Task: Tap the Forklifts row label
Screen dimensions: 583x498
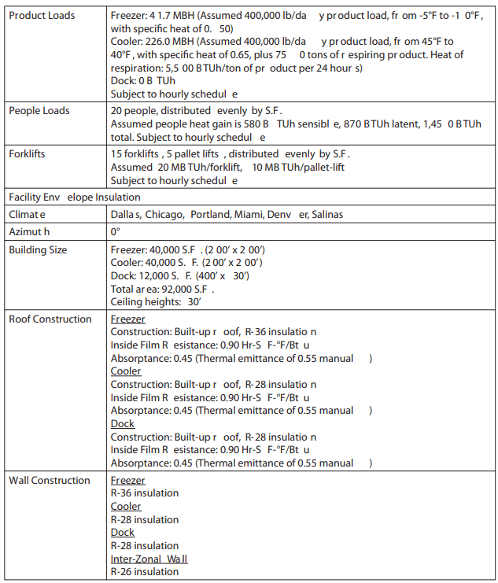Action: (x=27, y=153)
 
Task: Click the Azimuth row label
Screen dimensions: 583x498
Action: (x=29, y=232)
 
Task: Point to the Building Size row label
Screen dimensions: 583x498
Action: (x=38, y=250)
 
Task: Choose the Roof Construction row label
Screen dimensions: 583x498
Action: (x=50, y=319)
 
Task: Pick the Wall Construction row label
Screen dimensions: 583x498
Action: (x=49, y=480)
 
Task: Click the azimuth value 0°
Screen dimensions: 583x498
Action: (x=115, y=232)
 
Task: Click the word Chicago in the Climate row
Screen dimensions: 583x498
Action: (x=164, y=214)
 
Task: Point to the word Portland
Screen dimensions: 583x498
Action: (x=210, y=214)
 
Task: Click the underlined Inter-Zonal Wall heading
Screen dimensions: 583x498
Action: (x=149, y=559)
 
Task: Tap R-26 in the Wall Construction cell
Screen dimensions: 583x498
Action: (x=123, y=572)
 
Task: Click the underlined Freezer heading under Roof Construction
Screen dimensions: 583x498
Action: (x=127, y=319)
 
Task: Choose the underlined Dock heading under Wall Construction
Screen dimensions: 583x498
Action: (x=122, y=533)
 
